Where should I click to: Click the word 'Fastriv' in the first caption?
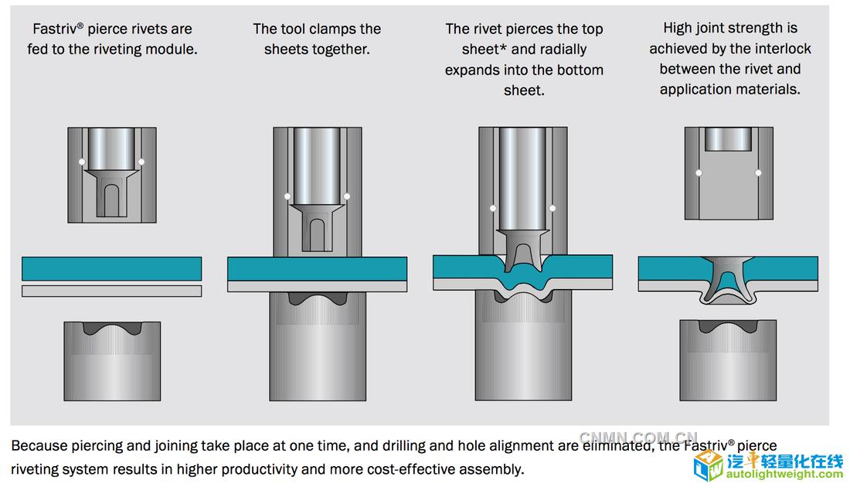click(55, 29)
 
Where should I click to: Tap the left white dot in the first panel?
click(82, 162)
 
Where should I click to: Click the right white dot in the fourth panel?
click(758, 173)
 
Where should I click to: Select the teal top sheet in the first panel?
click(112, 268)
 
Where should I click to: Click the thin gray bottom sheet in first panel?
click(112, 291)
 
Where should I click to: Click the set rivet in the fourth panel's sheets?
click(728, 280)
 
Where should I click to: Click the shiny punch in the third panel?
click(522, 179)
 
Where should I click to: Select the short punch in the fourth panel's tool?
click(728, 139)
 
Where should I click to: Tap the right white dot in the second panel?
click(347, 196)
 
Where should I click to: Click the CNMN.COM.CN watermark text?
click(638, 437)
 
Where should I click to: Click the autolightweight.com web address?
click(784, 475)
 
